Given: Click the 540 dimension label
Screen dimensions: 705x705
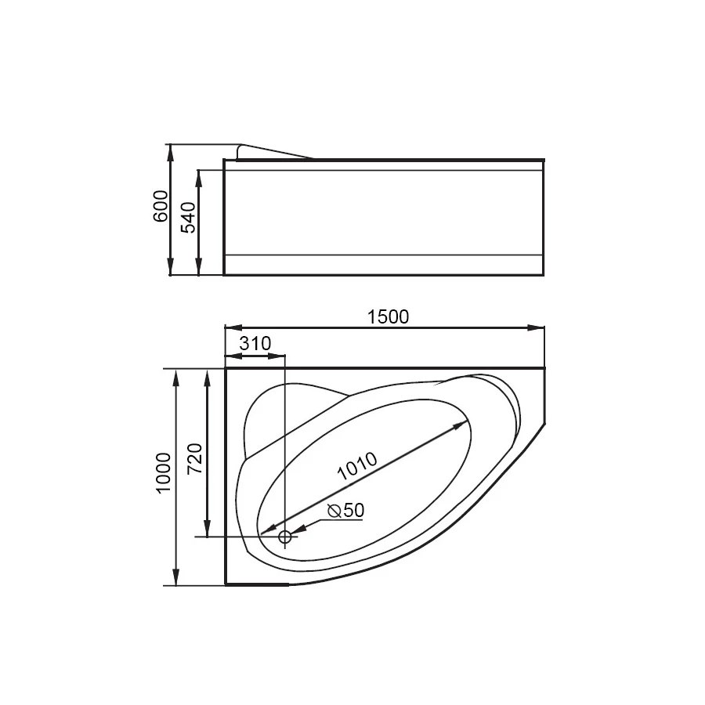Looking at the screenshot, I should [188, 218].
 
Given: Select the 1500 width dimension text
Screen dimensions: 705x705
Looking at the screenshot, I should [388, 316].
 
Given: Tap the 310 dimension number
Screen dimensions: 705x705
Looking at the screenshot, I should [255, 343].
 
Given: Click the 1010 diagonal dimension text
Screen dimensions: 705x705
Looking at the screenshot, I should [357, 468].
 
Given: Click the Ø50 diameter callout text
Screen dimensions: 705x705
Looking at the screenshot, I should [346, 510].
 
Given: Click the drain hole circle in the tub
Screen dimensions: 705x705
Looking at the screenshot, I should [285, 537].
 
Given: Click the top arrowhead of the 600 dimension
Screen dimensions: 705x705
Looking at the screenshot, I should [170, 151].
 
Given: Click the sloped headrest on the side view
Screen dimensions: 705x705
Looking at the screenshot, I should [274, 151].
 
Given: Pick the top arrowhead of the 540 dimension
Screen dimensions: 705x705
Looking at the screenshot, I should [199, 176].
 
